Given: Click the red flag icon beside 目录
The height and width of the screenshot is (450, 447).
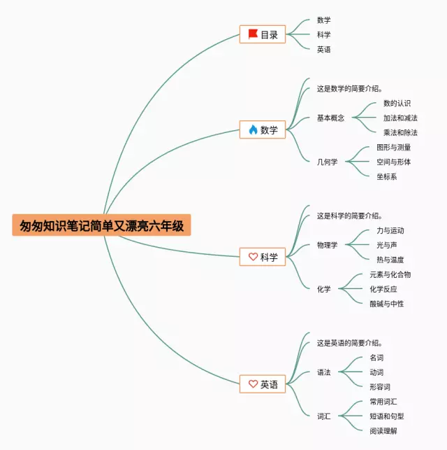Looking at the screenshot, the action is (x=253, y=34).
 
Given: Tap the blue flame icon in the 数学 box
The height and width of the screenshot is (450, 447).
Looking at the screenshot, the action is (x=253, y=129).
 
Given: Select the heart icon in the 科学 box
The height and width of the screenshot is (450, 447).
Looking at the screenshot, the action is (x=253, y=257).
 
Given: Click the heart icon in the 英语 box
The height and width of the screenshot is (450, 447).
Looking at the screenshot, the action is (x=253, y=384).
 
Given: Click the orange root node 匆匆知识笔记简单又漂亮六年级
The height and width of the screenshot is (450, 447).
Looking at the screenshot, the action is (x=101, y=225).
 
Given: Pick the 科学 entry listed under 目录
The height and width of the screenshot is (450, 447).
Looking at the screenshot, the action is (x=323, y=35).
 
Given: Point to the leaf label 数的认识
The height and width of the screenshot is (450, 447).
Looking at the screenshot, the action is (x=397, y=104).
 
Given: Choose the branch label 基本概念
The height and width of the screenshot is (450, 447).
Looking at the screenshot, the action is (x=330, y=118).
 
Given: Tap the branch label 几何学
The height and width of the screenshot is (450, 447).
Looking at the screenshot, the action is (x=327, y=162).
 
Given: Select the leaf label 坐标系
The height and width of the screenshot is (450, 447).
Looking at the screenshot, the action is (x=386, y=177).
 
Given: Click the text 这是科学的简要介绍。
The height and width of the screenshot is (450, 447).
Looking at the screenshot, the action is (x=349, y=216).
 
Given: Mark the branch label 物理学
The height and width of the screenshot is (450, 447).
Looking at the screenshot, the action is (x=327, y=245).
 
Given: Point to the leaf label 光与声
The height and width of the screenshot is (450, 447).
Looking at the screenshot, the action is (x=386, y=245).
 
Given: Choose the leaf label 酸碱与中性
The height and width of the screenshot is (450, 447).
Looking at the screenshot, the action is (x=386, y=304).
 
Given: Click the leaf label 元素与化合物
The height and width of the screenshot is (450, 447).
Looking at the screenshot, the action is (x=390, y=274).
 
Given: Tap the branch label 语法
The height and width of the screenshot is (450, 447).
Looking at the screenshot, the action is (x=323, y=372).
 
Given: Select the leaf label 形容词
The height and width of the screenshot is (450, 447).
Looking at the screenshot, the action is (x=380, y=387).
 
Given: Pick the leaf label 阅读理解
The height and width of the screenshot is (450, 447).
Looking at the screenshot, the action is (x=383, y=431).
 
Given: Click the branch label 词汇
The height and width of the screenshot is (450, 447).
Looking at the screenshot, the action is (x=323, y=416).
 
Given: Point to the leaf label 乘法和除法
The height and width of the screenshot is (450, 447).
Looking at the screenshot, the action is (x=400, y=132).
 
